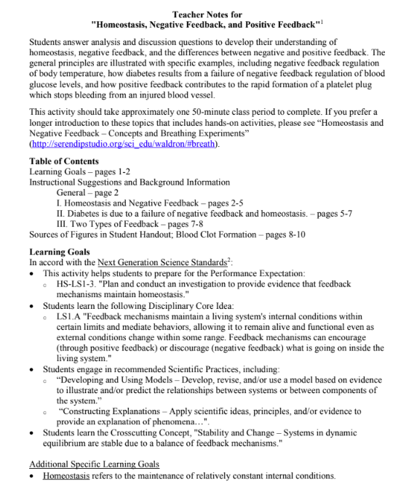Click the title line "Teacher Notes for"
click(x=208, y=14)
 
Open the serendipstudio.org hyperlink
click(x=124, y=145)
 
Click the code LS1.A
click(x=69, y=317)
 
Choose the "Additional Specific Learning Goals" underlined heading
click(x=94, y=464)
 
